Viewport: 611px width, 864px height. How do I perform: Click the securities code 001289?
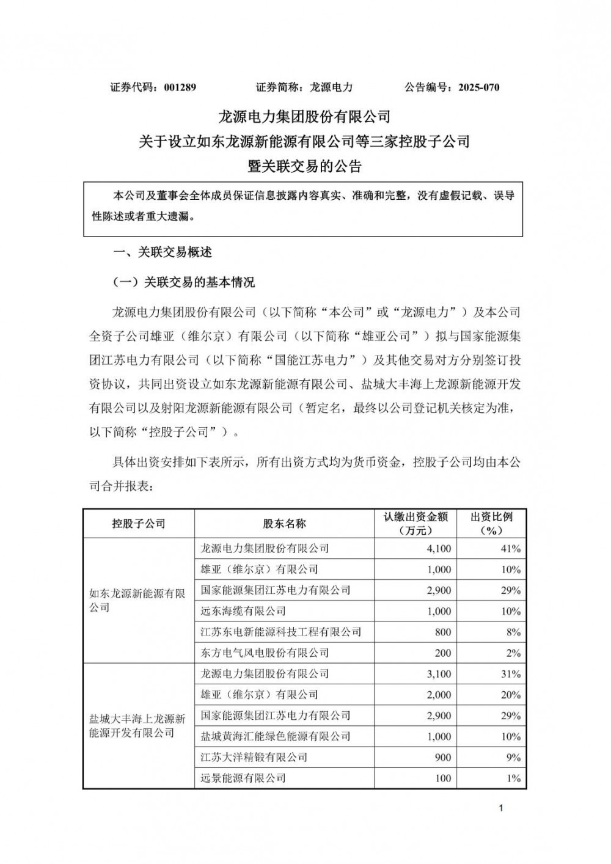[180, 87]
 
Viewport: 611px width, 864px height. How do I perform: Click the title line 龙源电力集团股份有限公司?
[304, 115]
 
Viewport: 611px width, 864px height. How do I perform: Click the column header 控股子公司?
[139, 524]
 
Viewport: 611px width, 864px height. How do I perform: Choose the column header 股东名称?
[284, 524]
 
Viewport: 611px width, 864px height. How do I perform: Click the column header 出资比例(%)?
[491, 524]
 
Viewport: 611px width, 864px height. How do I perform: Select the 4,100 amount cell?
[439, 549]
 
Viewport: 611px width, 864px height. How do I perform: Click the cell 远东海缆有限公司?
[243, 611]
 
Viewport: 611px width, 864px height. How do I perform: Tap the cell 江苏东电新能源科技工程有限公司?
[281, 632]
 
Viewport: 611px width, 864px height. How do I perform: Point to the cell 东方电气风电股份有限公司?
[265, 653]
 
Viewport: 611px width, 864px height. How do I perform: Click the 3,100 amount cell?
[439, 674]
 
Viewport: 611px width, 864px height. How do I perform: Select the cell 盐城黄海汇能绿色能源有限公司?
[276, 736]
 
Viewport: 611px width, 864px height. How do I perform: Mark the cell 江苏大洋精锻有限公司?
[254, 757]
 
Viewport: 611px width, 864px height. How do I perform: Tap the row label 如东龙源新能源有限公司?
[137, 600]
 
